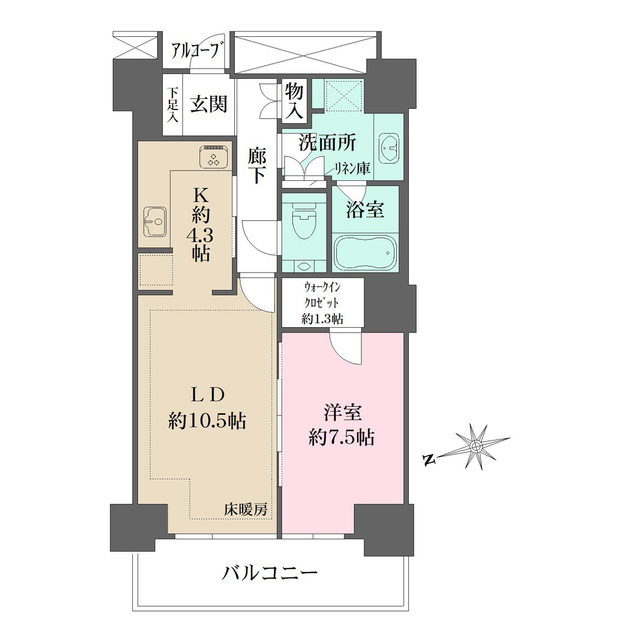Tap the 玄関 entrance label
point(208,104)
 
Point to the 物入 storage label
point(295,100)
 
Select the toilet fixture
point(300,221)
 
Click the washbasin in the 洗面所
point(390,147)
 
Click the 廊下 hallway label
point(258,165)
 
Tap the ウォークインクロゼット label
point(324,301)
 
